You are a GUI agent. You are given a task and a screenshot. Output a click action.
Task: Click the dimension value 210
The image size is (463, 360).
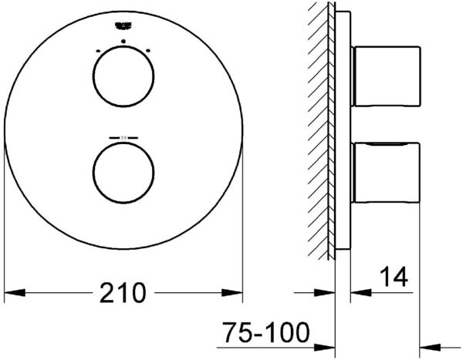click(123, 293)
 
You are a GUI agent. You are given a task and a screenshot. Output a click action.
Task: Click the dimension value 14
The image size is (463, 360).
click(393, 276)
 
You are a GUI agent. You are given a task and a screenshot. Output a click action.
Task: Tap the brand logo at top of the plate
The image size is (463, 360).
click(123, 26)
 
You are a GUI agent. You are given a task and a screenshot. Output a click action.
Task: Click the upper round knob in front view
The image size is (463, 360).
click(123, 79)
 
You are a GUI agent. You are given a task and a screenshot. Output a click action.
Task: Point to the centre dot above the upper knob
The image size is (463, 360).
click(123, 39)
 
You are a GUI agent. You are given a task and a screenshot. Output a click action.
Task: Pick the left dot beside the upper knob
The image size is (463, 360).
click(98, 50)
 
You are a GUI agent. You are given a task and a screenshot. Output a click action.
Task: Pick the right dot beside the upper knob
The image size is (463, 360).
click(149, 50)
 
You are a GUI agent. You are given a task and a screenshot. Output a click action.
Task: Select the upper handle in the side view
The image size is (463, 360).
click(386, 76)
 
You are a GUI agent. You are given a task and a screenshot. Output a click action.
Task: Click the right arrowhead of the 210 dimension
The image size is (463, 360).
click(233, 293)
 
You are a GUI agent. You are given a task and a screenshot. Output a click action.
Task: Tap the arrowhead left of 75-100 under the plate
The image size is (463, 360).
click(326, 345)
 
